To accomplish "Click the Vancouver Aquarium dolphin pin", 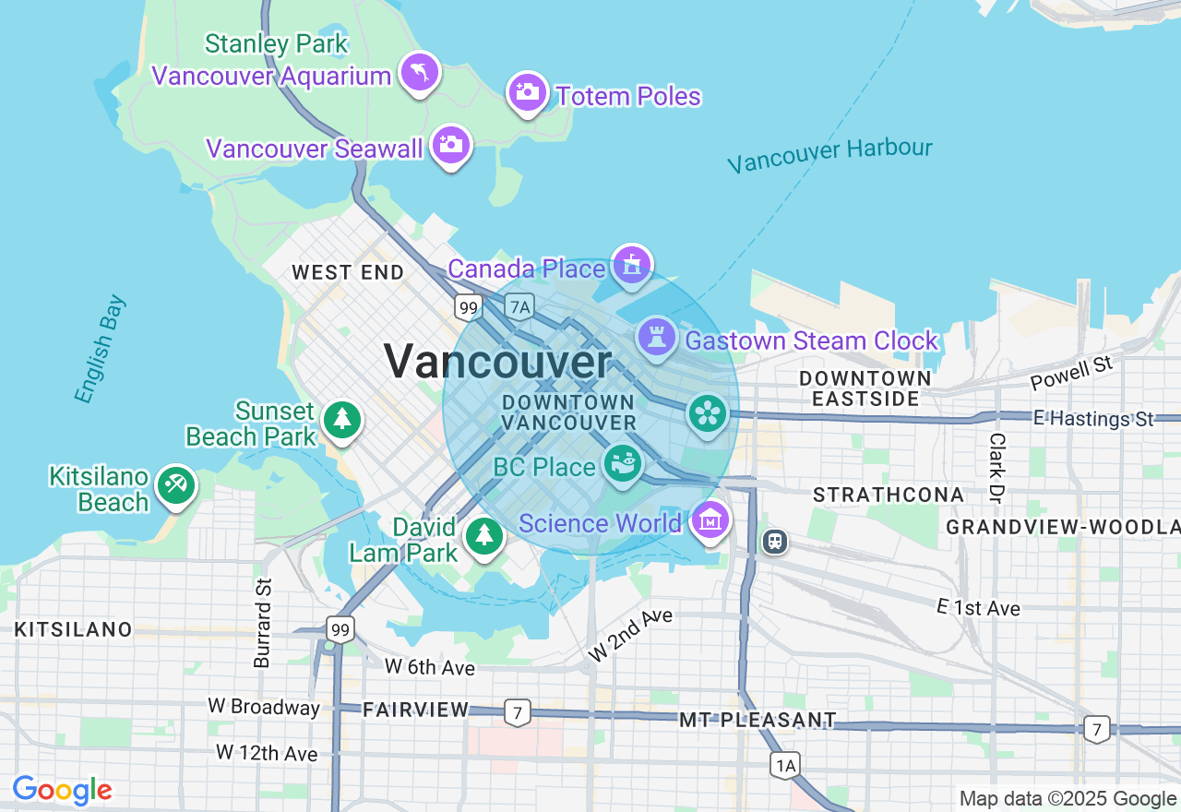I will (420, 72).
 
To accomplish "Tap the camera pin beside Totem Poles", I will (528, 92).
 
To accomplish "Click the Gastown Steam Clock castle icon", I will (656, 338).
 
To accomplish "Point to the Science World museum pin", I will (710, 520).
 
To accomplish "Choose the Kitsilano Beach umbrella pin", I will (175, 485).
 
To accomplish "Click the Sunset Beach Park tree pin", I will (342, 420).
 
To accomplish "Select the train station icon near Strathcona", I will (775, 541).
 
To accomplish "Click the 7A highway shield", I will (520, 307).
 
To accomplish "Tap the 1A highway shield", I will (785, 764).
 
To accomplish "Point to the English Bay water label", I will (100, 350).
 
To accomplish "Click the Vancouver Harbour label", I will (829, 155).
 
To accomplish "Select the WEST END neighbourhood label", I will (348, 272).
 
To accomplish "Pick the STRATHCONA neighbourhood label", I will (889, 495).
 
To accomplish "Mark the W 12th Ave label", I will (267, 753).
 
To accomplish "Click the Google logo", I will (62, 790).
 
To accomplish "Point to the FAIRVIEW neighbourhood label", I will (416, 710).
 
